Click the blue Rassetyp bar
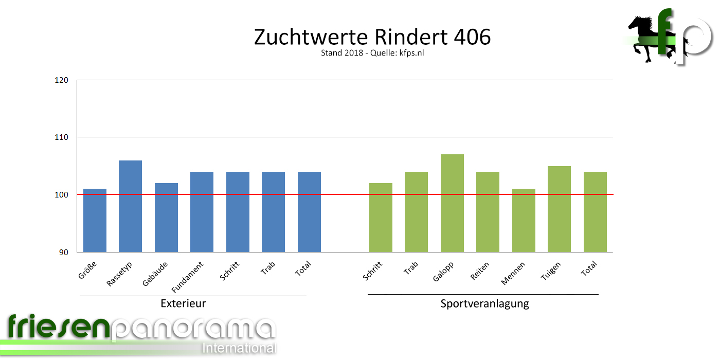click(x=130, y=206)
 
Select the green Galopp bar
click(x=452, y=203)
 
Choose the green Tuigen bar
click(x=559, y=209)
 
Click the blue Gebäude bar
click(x=166, y=217)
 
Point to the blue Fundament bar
click(x=202, y=211)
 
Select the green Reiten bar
click(x=488, y=211)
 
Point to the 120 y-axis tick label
click(x=62, y=80)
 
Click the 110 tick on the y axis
click(x=62, y=137)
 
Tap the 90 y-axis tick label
click(x=64, y=252)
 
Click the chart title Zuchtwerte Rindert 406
click(x=372, y=38)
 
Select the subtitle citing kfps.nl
click(x=372, y=53)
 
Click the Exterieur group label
click(x=183, y=303)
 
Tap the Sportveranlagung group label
click(x=484, y=303)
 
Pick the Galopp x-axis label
click(x=443, y=271)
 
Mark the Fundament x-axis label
click(x=188, y=276)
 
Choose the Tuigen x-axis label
click(x=551, y=271)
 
